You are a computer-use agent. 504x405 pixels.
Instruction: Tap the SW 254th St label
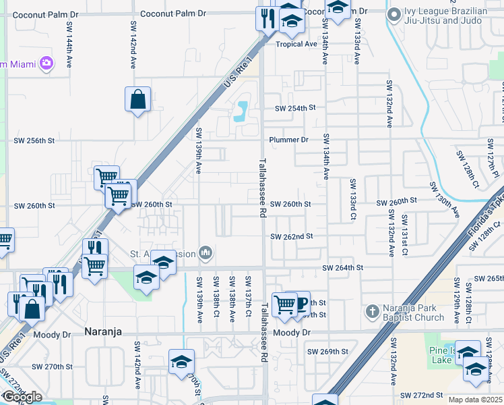pyautogui.click(x=294, y=108)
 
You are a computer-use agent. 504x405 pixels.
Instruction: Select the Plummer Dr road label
pyautogui.click(x=288, y=140)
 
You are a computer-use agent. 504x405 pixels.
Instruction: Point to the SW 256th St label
pyautogui.click(x=34, y=140)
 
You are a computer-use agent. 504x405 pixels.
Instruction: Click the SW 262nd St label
pyautogui.click(x=291, y=237)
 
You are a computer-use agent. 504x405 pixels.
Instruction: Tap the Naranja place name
pyautogui.click(x=104, y=331)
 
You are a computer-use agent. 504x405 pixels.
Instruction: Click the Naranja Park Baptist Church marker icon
pyautogui.click(x=371, y=312)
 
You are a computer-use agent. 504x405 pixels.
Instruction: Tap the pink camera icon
pyautogui.click(x=46, y=63)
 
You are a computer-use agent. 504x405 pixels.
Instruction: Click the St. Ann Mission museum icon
pyautogui.click(x=206, y=254)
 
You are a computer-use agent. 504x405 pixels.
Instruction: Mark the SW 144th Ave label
pyautogui.click(x=69, y=44)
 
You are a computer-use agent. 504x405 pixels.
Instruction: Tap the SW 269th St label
pyautogui.click(x=327, y=352)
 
